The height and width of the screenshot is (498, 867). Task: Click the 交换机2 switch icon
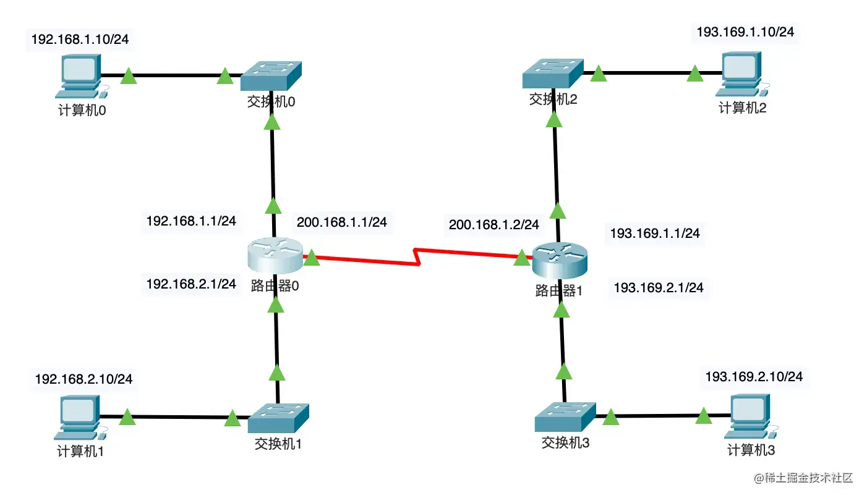[552, 74]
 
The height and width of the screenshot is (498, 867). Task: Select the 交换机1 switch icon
[278, 418]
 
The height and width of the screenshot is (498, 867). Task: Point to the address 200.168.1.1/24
[342, 222]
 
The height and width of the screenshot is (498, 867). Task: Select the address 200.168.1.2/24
[493, 225]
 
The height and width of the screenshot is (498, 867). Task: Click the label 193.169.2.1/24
[658, 288]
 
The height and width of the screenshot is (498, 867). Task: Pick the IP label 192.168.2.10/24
[83, 379]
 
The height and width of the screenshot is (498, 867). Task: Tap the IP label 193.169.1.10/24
[745, 32]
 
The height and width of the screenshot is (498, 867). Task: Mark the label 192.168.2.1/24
[191, 284]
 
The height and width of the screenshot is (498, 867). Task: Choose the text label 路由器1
[559, 290]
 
